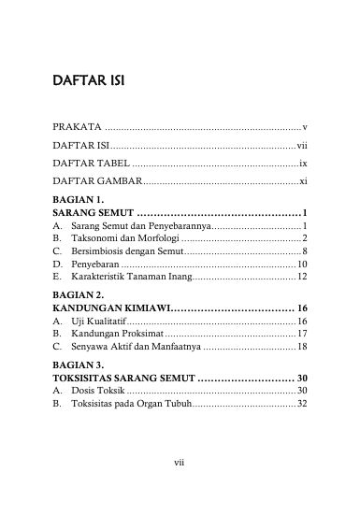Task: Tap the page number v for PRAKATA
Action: click(x=306, y=126)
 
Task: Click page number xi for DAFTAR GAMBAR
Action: click(x=304, y=179)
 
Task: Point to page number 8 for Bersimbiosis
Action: click(x=306, y=252)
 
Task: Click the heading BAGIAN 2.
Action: click(x=78, y=294)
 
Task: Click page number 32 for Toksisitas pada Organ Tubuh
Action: click(x=302, y=404)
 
